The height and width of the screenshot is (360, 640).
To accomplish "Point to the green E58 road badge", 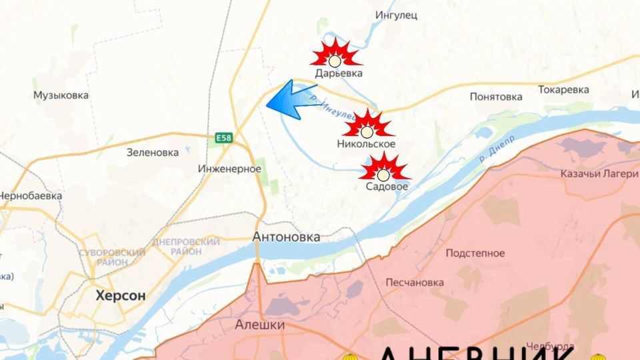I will click(223, 138).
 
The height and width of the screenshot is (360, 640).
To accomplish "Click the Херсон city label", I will click(120, 295).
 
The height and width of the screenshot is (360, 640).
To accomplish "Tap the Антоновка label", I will click(286, 237).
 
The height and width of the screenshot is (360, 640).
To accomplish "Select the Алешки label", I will click(260, 325).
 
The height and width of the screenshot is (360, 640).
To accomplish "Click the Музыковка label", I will click(61, 95).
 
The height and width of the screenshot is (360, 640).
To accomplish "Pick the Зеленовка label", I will click(153, 152).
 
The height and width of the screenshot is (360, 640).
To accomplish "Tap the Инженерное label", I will click(229, 169).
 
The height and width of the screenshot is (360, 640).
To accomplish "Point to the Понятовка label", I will click(495, 97).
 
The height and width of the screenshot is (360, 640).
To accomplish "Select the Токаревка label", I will click(563, 89).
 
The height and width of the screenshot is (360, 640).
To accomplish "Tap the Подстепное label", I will click(475, 253).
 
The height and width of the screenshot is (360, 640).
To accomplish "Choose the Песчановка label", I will click(414, 282).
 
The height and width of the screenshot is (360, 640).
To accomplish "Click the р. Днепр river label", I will click(497, 151).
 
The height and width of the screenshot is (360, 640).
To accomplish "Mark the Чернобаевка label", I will click(31, 196).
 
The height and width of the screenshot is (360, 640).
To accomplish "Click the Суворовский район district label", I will click(112, 257).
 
